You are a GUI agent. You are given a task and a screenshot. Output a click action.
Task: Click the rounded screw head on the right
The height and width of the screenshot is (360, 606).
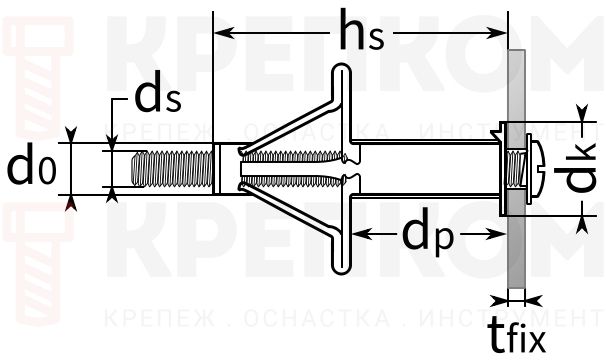tap(534, 167)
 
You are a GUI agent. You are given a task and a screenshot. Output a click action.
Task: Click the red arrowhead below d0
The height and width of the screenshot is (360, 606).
tap(70, 204)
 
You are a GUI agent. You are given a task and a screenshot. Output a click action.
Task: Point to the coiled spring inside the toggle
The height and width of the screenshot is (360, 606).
tap(300, 168)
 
